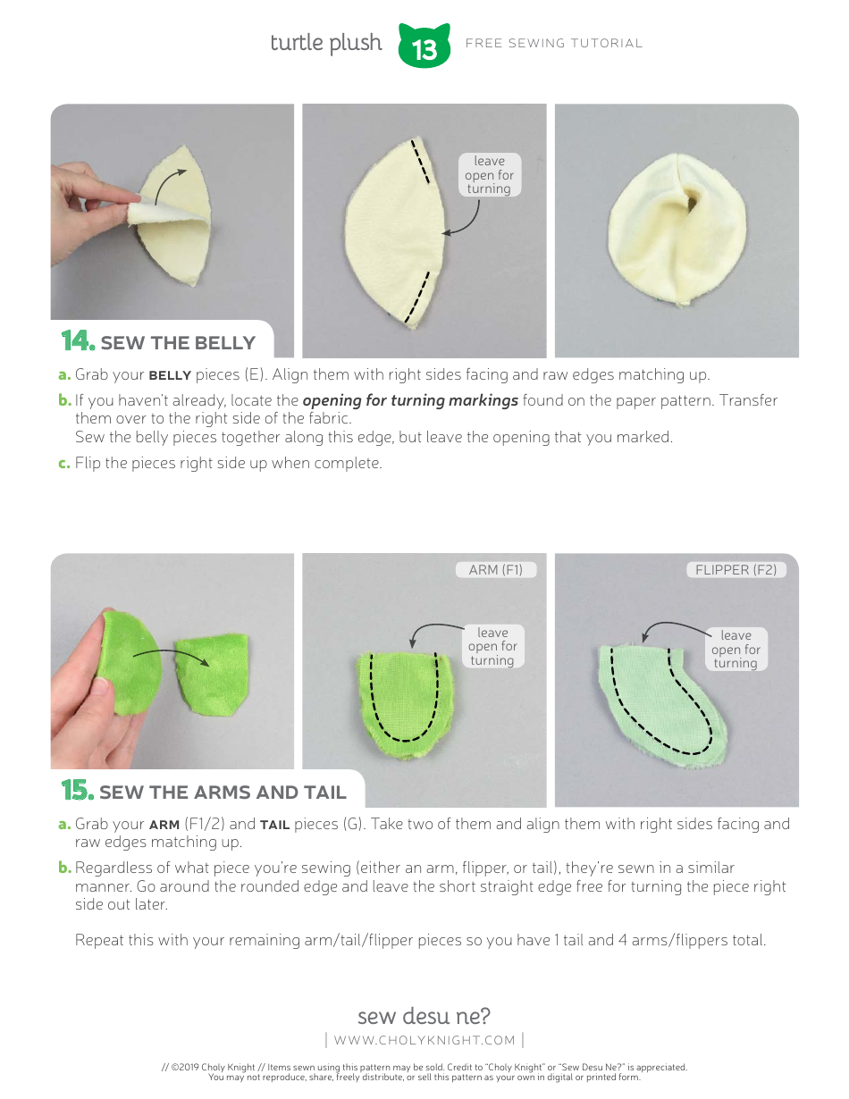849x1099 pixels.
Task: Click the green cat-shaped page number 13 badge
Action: [x=424, y=47]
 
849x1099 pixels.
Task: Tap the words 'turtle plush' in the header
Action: [x=326, y=43]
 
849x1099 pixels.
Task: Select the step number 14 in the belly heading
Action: [x=77, y=341]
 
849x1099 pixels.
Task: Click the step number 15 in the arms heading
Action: [x=77, y=791]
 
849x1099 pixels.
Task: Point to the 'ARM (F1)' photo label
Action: [x=496, y=569]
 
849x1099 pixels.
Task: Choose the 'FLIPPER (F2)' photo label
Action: [x=736, y=569]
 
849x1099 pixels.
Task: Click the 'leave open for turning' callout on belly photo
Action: [x=489, y=175]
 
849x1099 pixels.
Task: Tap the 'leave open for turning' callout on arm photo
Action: [x=492, y=646]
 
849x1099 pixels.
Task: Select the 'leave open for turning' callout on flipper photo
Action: [x=736, y=650]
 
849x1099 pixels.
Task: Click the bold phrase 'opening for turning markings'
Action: [x=410, y=400]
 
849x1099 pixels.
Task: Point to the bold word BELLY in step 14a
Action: [x=170, y=375]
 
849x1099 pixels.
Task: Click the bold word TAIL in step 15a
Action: [x=274, y=825]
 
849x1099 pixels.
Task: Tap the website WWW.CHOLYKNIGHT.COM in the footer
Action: [x=424, y=1040]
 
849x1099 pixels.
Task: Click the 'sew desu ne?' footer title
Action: [x=424, y=1016]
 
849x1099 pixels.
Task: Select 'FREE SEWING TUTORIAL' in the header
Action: [x=554, y=43]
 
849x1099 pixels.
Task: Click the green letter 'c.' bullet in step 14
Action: [x=64, y=463]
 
